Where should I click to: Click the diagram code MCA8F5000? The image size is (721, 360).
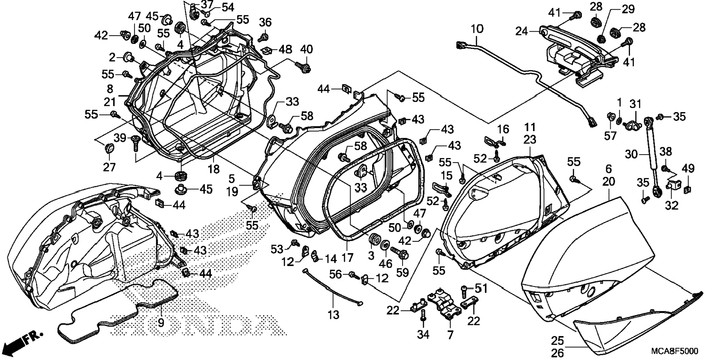pos(674,351)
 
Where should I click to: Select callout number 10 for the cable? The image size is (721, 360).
pos(477,29)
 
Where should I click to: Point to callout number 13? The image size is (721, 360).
pos(333,315)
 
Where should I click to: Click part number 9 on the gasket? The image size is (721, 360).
pos(161,322)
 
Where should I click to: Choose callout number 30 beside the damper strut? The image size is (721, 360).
pos(631,154)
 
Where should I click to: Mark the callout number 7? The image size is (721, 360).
pos(450,335)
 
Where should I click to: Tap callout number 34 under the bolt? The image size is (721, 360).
pos(423,335)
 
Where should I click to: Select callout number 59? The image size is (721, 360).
pos(402,273)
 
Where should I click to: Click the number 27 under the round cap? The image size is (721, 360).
pos(109,167)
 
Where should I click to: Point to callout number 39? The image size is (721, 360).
pos(120,138)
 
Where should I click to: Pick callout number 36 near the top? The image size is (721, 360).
pos(265,22)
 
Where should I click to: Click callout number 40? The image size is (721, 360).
pos(306,49)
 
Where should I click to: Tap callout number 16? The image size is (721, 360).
pos(503,129)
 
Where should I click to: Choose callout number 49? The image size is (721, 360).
pos(688,168)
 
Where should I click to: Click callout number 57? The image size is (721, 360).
pos(610,136)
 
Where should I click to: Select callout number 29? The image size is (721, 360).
pos(628,9)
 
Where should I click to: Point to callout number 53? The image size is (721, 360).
pos(277,249)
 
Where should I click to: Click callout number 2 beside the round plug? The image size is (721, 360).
pos(112,57)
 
